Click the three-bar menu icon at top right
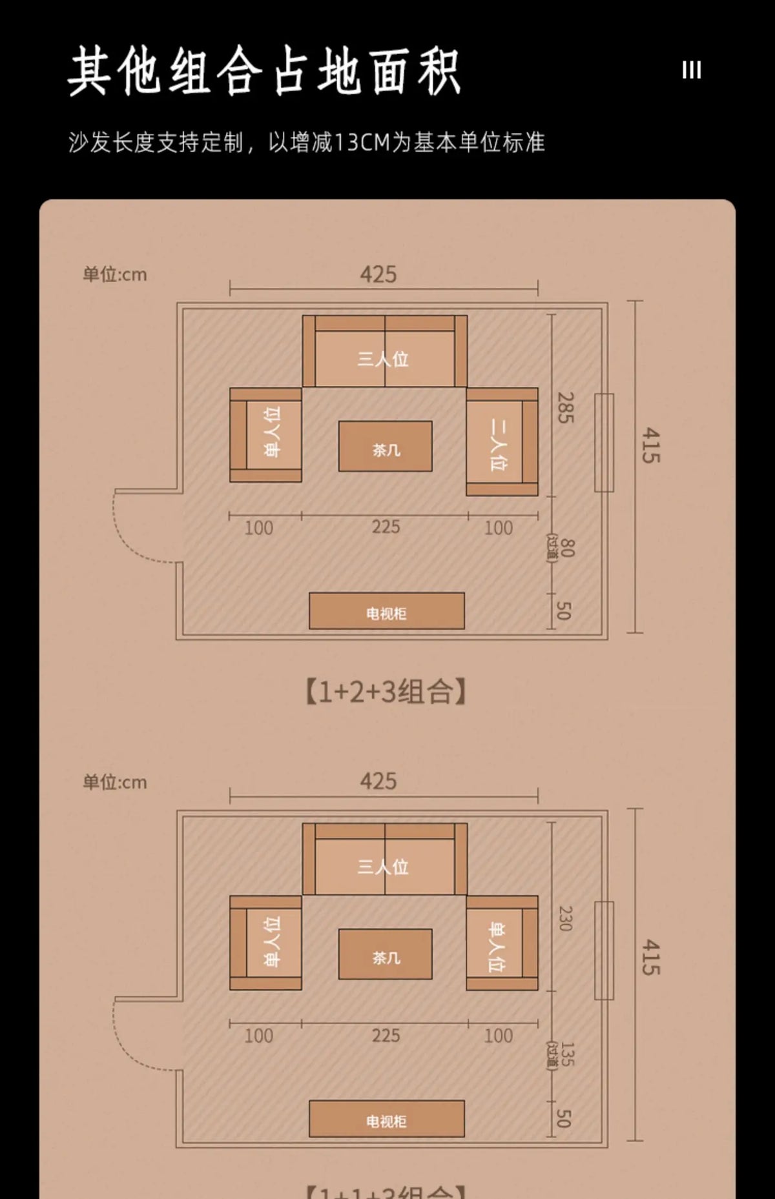click(691, 70)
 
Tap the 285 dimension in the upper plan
click(565, 408)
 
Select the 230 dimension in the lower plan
click(565, 918)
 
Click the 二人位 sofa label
click(498, 444)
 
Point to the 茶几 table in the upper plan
click(386, 447)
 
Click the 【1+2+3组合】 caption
click(386, 692)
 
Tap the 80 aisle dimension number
click(566, 548)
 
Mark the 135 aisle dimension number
click(566, 1054)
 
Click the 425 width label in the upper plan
click(378, 275)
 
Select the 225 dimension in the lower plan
click(386, 1035)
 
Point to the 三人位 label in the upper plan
click(384, 359)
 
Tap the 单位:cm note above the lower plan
click(115, 782)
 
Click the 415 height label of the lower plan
click(651, 957)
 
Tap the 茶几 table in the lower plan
click(386, 954)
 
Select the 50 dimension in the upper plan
click(564, 610)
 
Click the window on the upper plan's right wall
click(604, 443)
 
